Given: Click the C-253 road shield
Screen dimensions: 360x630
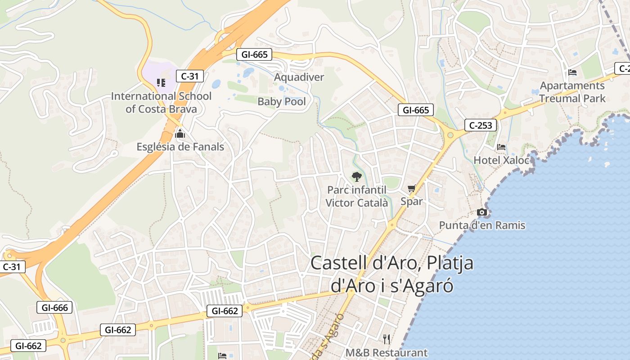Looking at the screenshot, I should (x=481, y=125).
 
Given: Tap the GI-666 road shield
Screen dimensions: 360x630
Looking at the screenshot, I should (x=54, y=308).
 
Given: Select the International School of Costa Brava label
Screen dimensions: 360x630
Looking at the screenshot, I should (x=161, y=103).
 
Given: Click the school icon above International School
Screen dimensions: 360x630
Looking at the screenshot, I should (x=161, y=82).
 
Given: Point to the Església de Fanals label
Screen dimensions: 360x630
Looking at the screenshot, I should (x=180, y=147).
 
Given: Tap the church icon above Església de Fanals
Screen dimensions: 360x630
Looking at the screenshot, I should (x=180, y=133).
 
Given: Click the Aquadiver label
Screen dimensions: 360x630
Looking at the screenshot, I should (x=299, y=77).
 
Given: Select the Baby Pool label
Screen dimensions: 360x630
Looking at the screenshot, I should (x=282, y=102).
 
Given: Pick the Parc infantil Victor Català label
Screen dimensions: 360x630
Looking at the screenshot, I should (x=356, y=197).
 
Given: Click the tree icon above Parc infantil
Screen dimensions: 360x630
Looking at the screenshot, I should (x=357, y=176).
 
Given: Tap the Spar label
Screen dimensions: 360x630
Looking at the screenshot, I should (x=412, y=201).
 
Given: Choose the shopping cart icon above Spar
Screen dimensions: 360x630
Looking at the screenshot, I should (x=411, y=189).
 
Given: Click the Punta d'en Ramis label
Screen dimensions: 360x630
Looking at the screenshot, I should (x=482, y=225).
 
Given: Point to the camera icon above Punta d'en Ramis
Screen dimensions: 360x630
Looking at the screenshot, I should (x=482, y=212).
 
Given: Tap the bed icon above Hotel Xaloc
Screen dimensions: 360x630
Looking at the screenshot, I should (x=501, y=147).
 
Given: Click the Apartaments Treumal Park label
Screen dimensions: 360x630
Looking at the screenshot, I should (x=572, y=92).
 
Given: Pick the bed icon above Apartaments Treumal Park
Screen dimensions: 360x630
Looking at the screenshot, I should (x=572, y=72).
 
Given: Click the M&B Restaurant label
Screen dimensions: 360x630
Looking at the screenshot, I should (x=387, y=352).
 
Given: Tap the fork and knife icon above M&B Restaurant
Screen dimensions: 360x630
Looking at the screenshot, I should (x=386, y=339).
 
